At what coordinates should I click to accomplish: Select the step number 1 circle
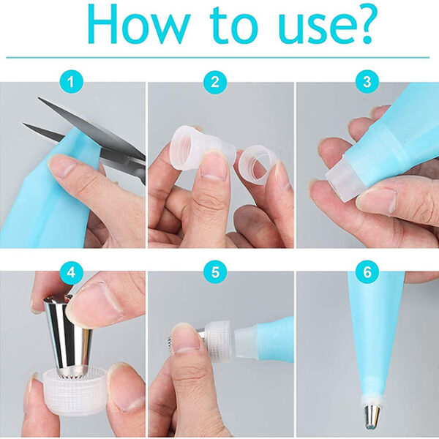pos(71,82)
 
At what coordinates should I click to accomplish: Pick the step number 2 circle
pos(215,82)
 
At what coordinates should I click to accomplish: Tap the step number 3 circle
pos(367,82)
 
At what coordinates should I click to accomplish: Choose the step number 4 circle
pos(71,272)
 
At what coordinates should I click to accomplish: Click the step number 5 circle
pos(215,272)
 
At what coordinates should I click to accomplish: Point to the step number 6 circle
pos(367,272)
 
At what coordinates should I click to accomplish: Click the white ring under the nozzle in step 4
pos(74,392)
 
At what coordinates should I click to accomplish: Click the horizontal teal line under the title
pos(218,58)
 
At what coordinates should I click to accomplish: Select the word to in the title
pos(233,26)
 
